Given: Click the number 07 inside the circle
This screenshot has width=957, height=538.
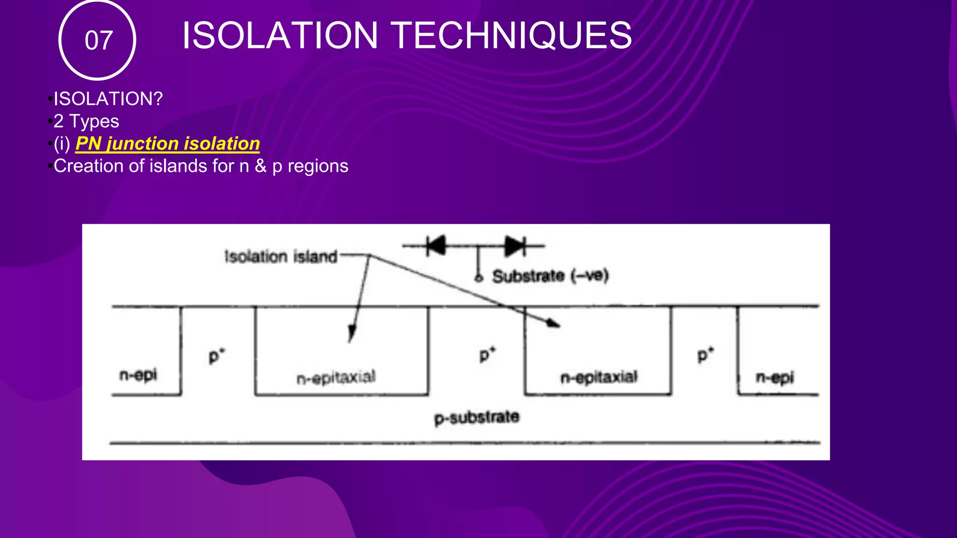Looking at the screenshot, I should [x=98, y=40].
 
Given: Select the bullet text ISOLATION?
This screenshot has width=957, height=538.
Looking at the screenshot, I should [x=108, y=99].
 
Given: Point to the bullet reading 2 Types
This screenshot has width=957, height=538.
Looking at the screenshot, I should [x=86, y=121].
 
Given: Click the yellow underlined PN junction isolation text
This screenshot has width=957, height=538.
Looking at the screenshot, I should [x=167, y=143].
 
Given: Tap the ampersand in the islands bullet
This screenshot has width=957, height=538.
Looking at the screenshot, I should [x=260, y=166].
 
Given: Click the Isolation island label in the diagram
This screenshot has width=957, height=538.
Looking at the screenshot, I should [x=281, y=256].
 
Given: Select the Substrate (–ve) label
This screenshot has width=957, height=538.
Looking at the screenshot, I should [x=550, y=276].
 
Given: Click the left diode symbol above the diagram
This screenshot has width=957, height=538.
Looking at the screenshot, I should [x=436, y=245].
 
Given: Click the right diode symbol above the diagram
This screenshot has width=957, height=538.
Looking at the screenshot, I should [x=514, y=245].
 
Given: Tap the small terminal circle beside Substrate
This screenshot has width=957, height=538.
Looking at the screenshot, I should [x=478, y=278].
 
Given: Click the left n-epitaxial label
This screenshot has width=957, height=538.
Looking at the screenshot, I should [x=336, y=377].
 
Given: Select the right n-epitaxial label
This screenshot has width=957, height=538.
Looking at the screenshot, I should [x=599, y=377].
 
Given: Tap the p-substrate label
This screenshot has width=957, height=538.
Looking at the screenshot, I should [x=477, y=417].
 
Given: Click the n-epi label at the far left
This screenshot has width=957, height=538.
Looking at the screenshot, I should [x=138, y=375].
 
